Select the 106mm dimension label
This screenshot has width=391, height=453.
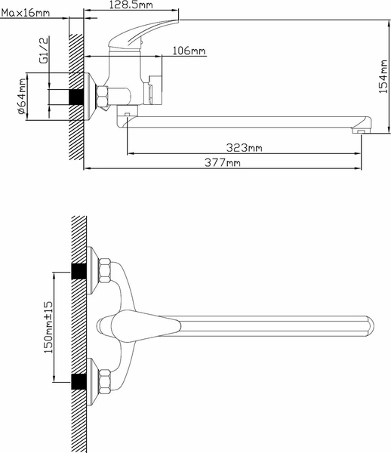click(189, 51)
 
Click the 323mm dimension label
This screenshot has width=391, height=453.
click(245, 147)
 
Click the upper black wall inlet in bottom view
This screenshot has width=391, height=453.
click(76, 270)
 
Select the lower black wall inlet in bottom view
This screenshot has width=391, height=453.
click(76, 381)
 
